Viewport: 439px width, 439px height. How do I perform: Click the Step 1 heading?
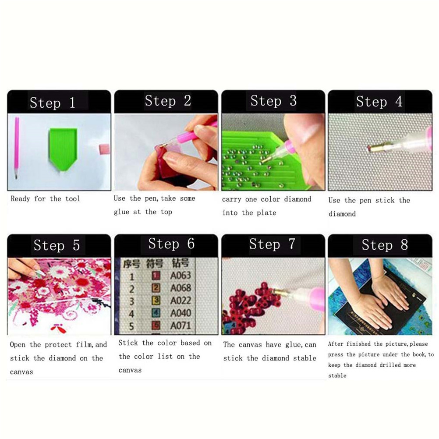coord(52,103)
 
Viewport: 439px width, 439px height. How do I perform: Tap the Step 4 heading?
coord(379,101)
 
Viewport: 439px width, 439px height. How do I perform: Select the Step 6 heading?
coord(171,244)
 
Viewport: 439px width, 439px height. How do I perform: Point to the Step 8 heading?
coord(385,245)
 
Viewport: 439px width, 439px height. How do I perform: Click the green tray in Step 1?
coord(63,149)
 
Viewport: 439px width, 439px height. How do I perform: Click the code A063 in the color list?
coord(181,276)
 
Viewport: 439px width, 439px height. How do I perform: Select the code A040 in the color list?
coord(181,313)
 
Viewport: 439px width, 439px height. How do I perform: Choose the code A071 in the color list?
coord(181,326)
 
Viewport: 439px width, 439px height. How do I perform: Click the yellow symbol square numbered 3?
coord(156,301)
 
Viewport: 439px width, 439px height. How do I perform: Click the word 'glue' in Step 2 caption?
coord(121,212)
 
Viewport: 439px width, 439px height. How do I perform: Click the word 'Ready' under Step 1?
coord(20,199)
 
